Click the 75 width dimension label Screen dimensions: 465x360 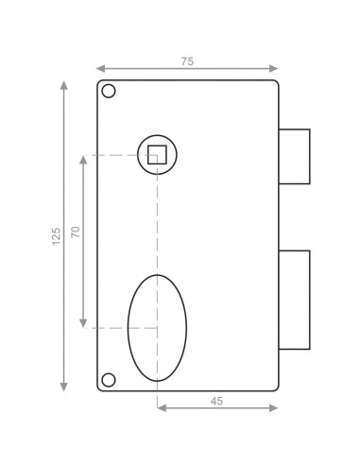point(187,60)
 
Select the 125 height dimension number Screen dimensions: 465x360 point(56,235)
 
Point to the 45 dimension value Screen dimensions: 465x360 point(216,401)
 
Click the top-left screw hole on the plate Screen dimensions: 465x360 point(109,92)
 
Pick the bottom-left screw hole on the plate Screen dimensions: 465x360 point(109,380)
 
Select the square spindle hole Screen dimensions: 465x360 point(157,154)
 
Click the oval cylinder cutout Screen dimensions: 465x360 point(157,327)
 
